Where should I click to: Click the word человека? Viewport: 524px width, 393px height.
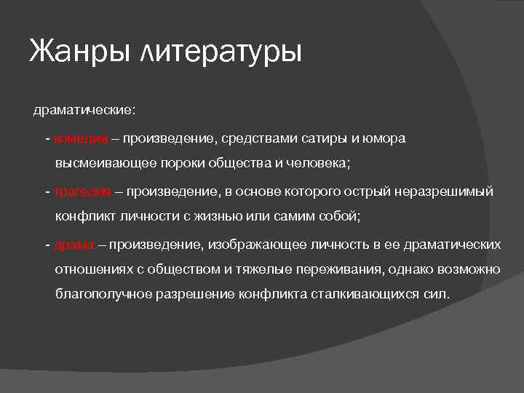point(318,164)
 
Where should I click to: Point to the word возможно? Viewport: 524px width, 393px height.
point(470,269)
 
